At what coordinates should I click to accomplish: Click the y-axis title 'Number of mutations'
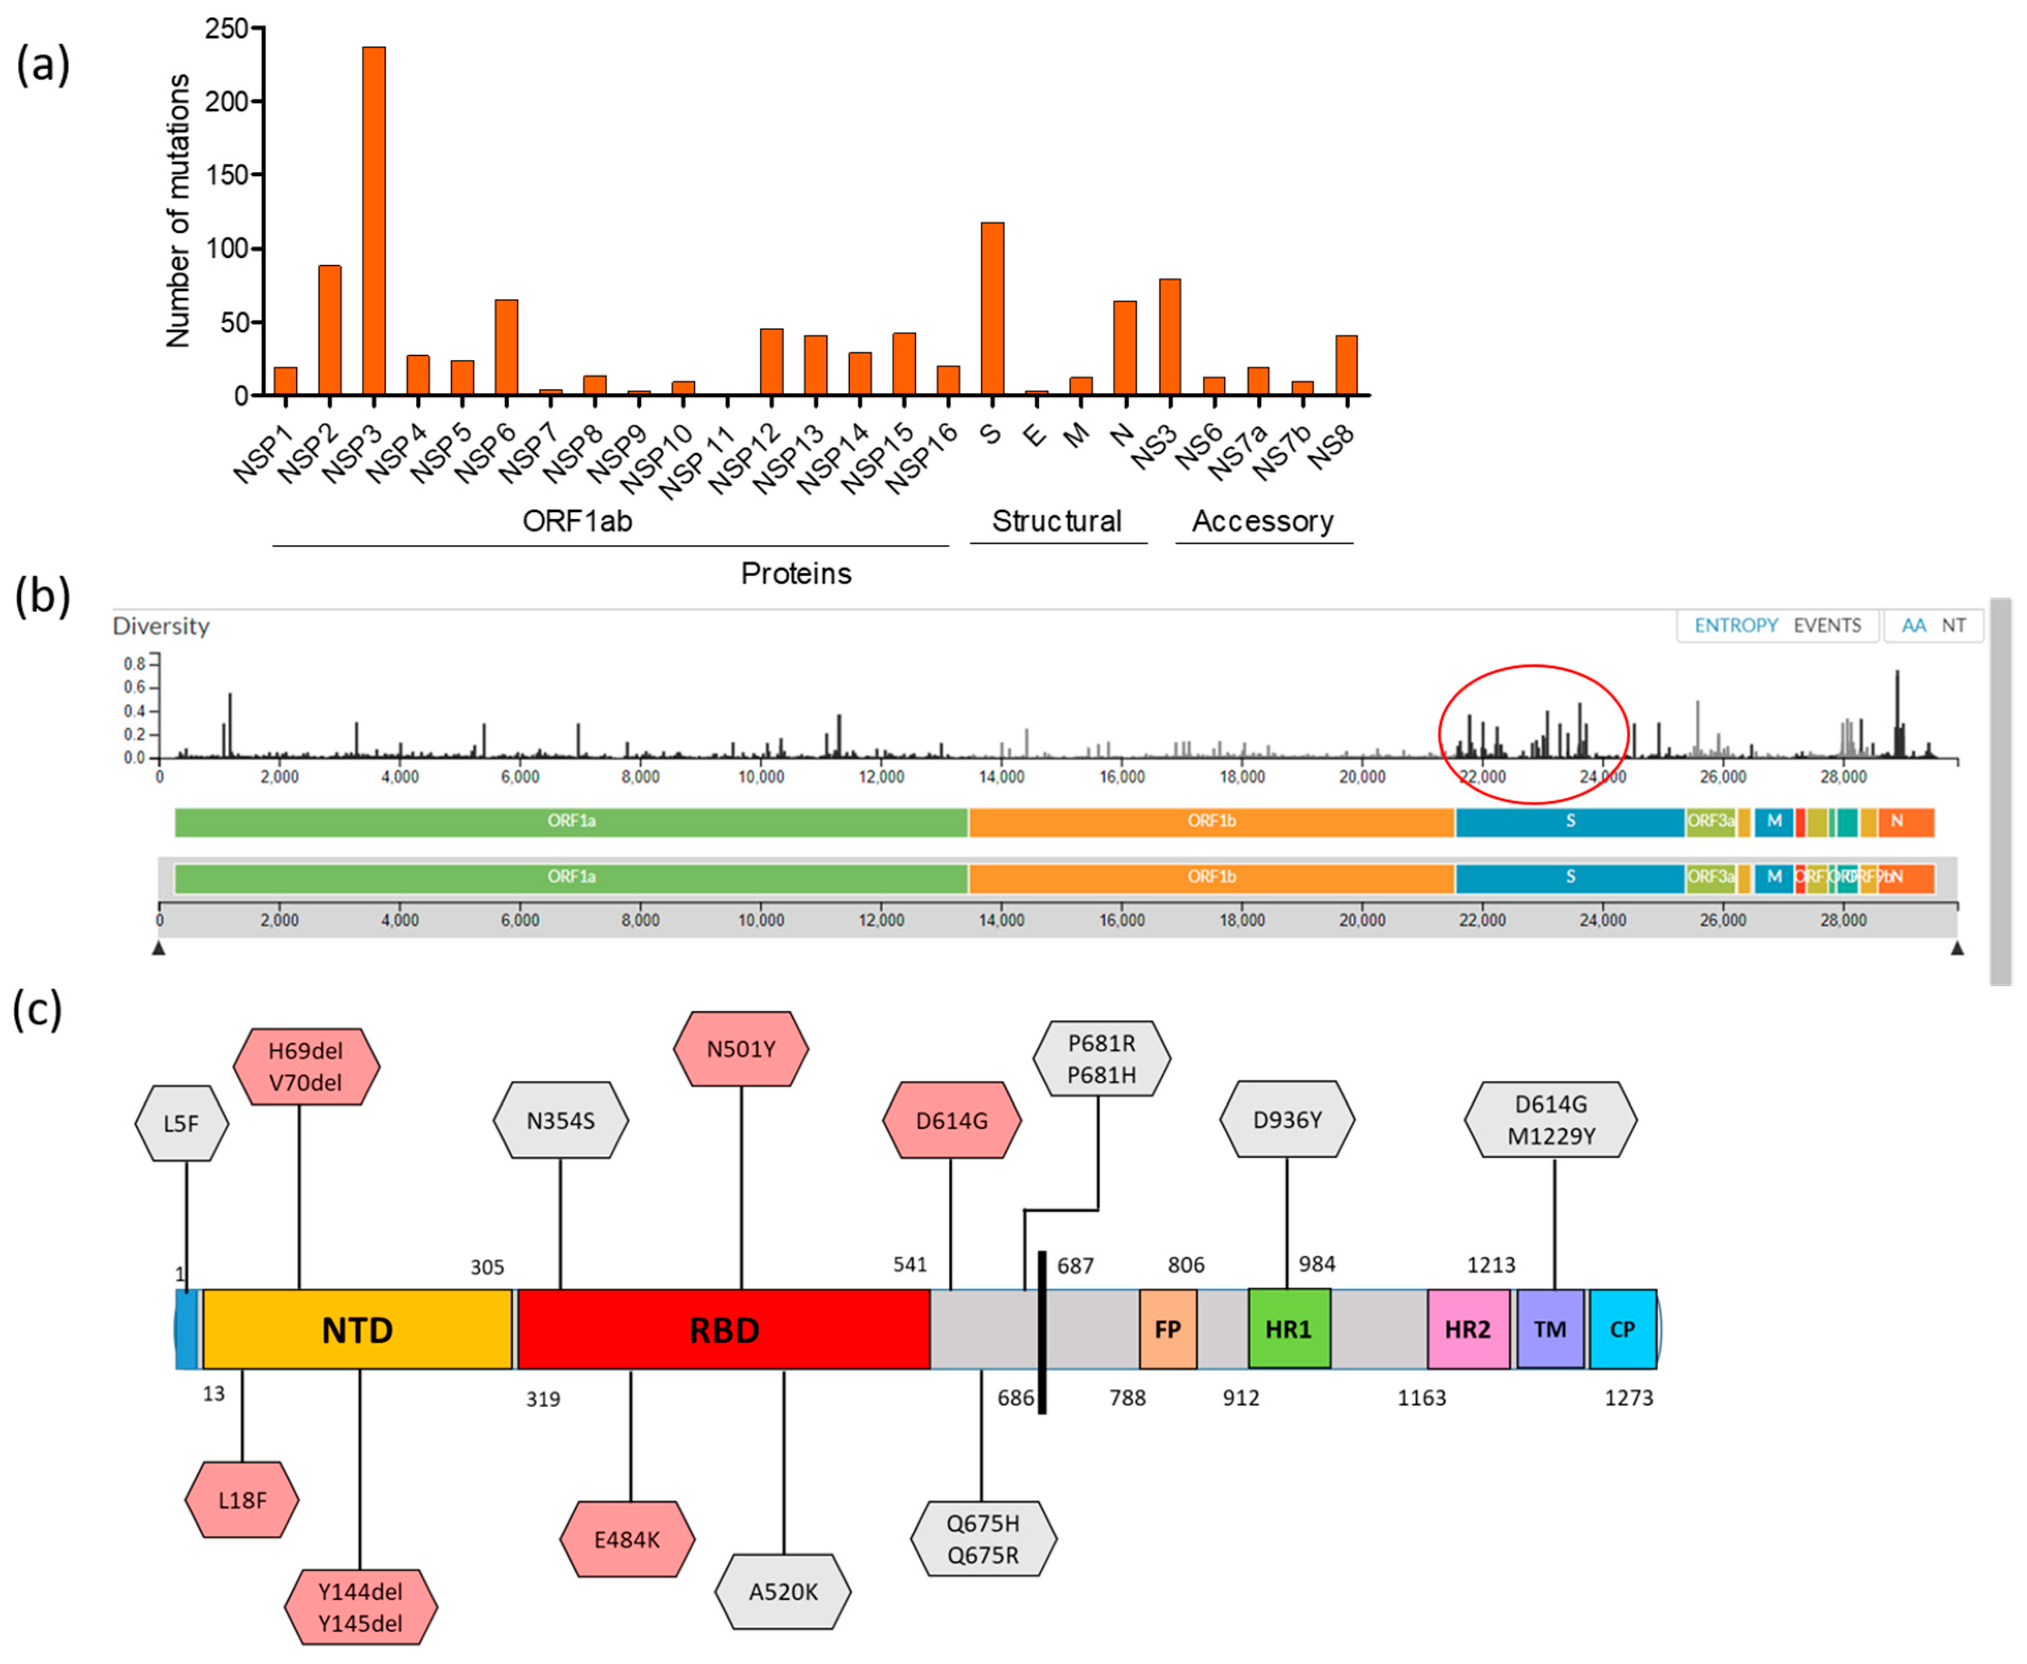pyautogui.click(x=178, y=211)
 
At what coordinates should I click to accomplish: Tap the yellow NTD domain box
pyautogui.click(x=357, y=1329)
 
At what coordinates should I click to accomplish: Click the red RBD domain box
pyautogui.click(x=724, y=1329)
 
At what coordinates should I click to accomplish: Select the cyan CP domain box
pyautogui.click(x=1623, y=1329)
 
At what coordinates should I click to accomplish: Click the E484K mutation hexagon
pyautogui.click(x=627, y=1540)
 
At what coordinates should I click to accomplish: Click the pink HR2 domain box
pyautogui.click(x=1468, y=1329)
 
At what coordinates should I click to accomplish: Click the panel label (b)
pyautogui.click(x=42, y=596)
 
